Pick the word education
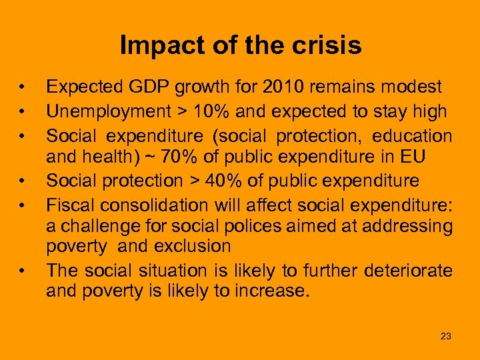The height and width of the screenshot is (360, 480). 412,136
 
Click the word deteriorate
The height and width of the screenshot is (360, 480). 408,270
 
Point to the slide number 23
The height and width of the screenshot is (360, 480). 446,336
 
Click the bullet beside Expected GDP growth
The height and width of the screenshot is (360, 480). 22,87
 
